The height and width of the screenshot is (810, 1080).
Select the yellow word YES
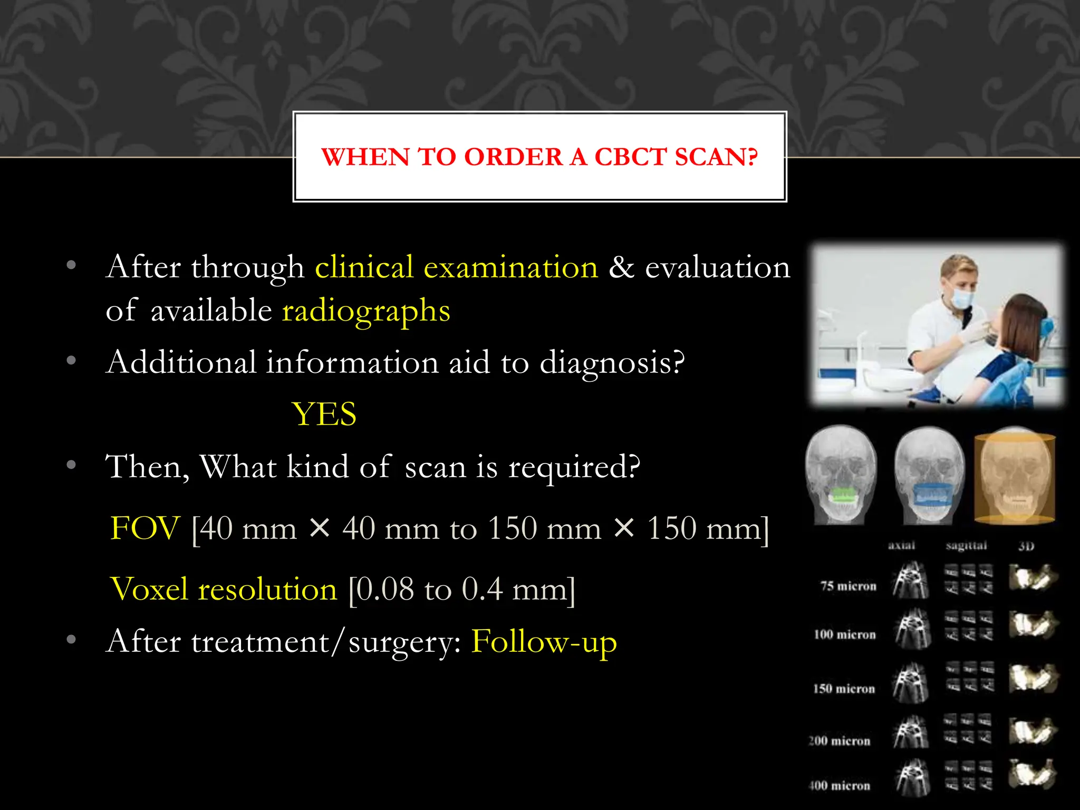point(324,414)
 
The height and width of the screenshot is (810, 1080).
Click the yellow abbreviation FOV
point(145,528)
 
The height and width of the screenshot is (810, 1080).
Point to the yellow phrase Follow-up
point(544,642)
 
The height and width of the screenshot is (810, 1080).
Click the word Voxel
point(149,589)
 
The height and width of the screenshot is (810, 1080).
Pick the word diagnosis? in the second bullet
point(612,363)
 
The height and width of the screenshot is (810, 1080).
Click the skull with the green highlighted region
point(841,475)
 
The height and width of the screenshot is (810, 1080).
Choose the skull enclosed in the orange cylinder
point(1015,477)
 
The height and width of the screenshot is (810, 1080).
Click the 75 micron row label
point(848,586)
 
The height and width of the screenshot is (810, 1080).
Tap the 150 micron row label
point(844,689)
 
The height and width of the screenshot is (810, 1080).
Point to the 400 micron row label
point(840,786)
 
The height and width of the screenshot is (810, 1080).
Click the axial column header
point(901,546)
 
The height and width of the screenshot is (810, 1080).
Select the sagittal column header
point(966,546)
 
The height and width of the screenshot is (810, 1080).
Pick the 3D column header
point(1026,546)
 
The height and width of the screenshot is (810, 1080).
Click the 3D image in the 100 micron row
point(1033,625)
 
